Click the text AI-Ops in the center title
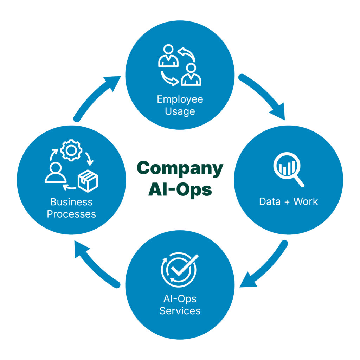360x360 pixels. pyautogui.click(x=180, y=189)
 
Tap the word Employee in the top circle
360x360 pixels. pyautogui.click(x=180, y=99)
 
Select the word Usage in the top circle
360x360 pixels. pyautogui.click(x=180, y=111)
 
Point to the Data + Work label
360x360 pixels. pyautogui.click(x=288, y=201)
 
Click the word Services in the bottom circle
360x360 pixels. pyautogui.click(x=180, y=311)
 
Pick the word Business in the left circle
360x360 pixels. pyautogui.click(x=71, y=202)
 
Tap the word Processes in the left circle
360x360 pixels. pyautogui.click(x=71, y=214)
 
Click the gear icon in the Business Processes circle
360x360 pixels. pyautogui.click(x=71, y=150)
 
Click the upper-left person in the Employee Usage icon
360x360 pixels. pyautogui.click(x=168, y=56)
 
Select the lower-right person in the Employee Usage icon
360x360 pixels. pyautogui.click(x=191, y=75)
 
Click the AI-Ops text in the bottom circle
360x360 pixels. pyautogui.click(x=180, y=299)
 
